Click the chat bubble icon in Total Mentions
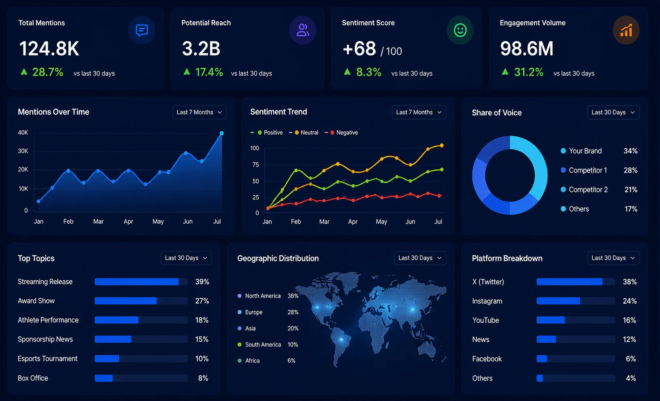pos(142,30)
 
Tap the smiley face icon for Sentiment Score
pos(460,30)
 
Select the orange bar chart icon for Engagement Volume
pos(626,30)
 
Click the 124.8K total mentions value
pos(49,49)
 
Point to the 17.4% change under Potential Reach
pos(209,72)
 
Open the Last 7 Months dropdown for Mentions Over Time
pos(199,112)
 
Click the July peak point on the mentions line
pos(221,133)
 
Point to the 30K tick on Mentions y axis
pos(23,151)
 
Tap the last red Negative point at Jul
pos(439,195)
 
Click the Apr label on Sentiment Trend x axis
pos(353,222)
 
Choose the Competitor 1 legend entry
pos(584,170)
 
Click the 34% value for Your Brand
pos(630,151)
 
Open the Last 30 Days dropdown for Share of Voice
pos(613,112)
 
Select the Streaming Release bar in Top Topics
pos(137,282)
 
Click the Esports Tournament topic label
pos(48,359)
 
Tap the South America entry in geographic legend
pos(259,345)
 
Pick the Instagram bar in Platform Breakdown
pos(558,301)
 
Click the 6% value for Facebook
pos(631,359)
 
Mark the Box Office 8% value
pos(203,378)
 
